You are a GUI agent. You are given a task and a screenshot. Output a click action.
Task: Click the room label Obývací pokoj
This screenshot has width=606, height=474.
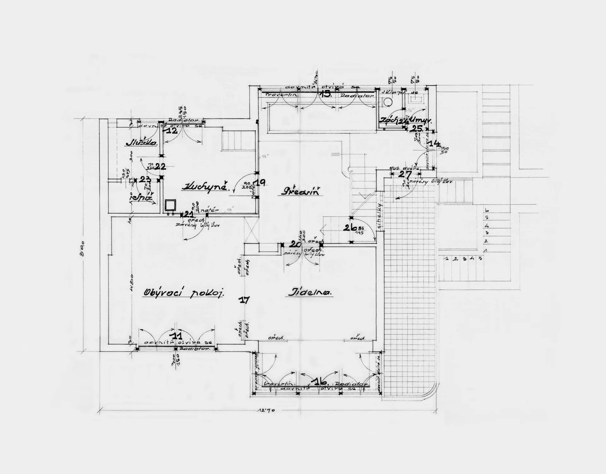pos(184,293)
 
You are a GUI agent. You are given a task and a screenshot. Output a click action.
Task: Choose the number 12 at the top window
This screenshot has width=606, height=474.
pos(172,131)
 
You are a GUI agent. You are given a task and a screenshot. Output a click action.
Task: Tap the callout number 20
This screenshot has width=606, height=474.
pos(295,244)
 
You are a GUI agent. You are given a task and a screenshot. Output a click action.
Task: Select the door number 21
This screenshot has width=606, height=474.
pos(188,214)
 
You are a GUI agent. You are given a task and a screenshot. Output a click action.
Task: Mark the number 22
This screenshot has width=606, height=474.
pos(160,166)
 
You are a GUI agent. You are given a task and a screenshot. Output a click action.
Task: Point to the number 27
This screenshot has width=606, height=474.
pos(405,174)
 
